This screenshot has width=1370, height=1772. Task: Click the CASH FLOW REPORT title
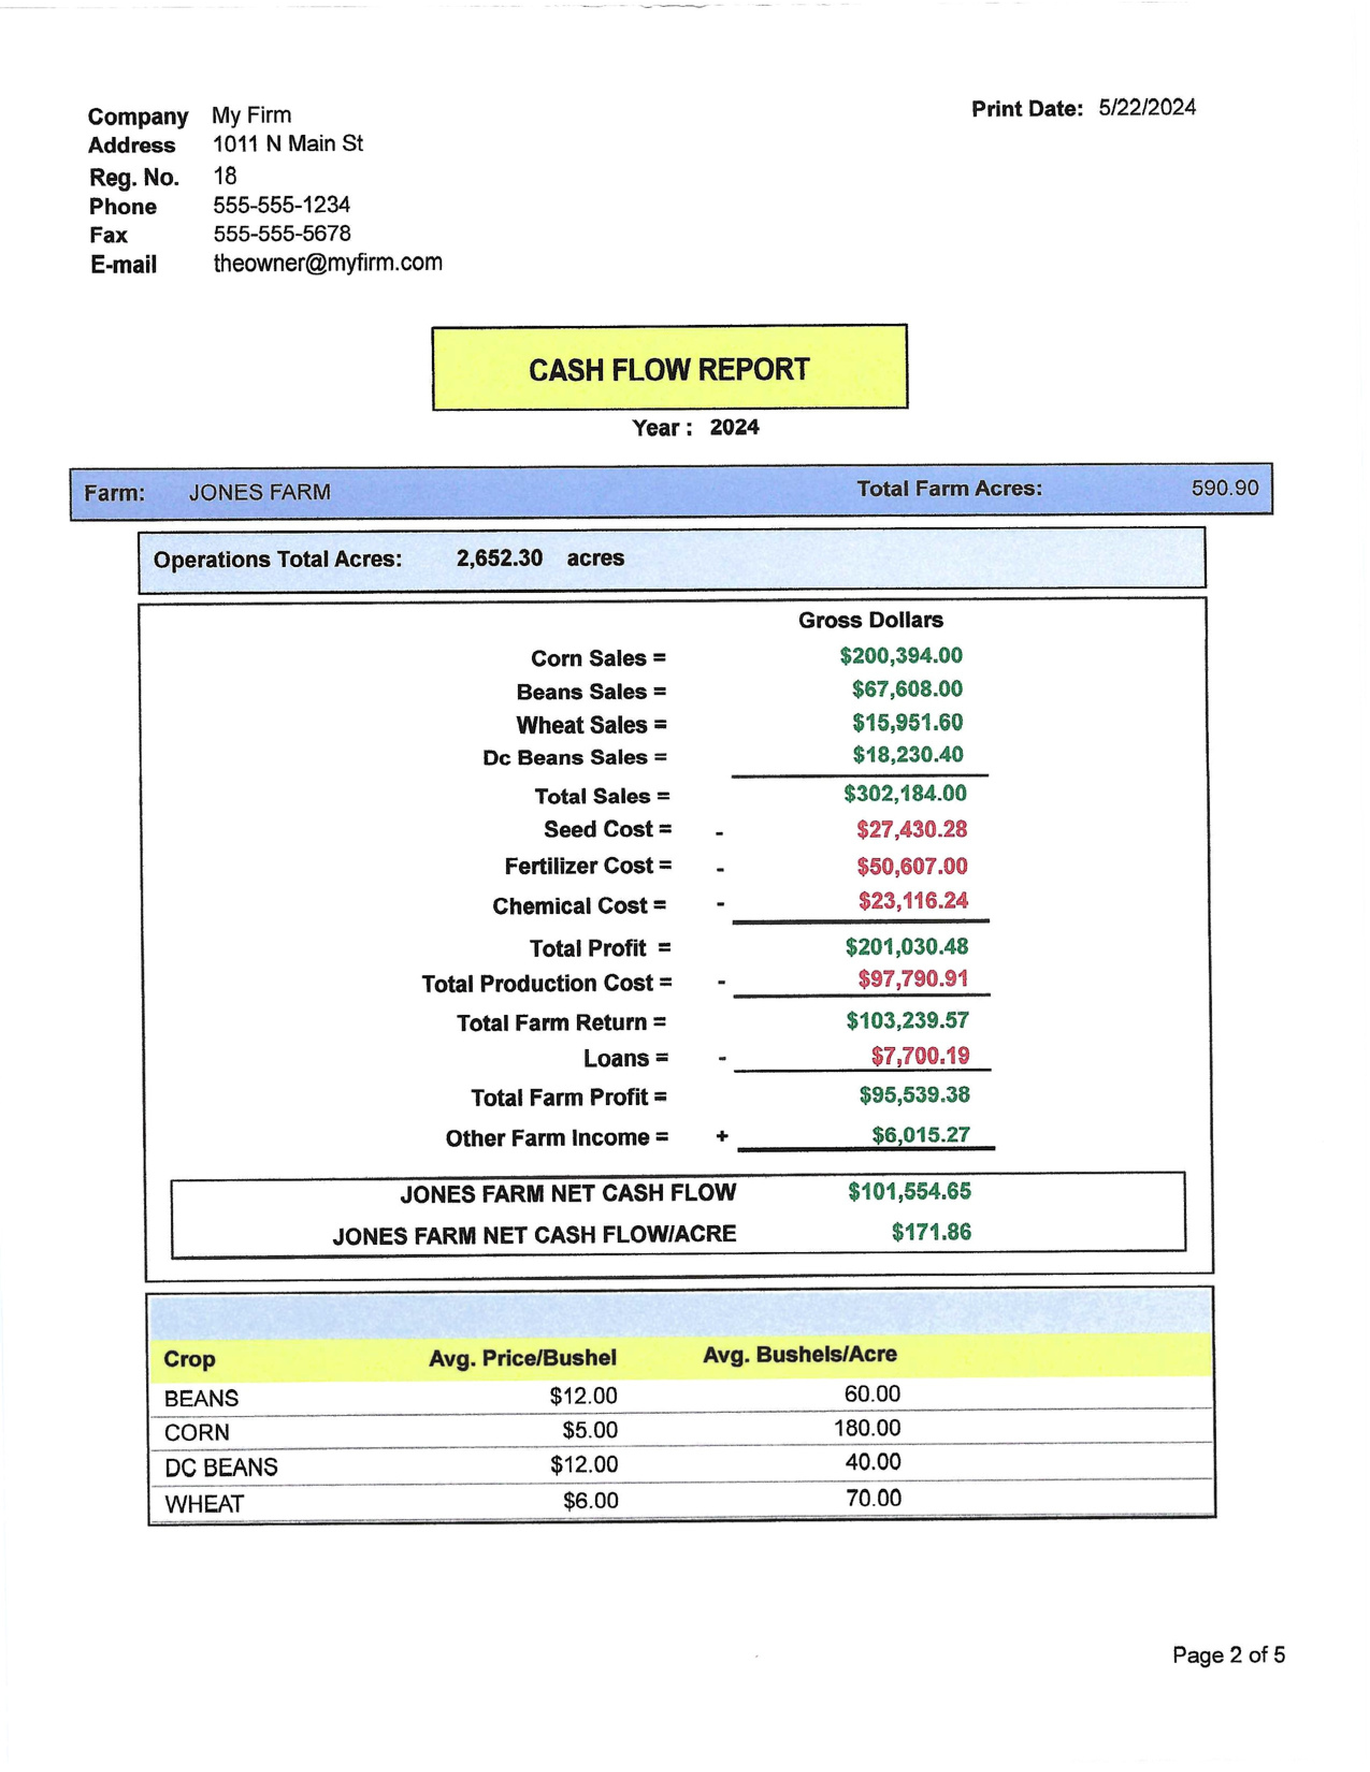pos(669,370)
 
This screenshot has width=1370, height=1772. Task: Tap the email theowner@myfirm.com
pos(327,263)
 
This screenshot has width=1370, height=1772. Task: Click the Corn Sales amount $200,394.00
pos(901,656)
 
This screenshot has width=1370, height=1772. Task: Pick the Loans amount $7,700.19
pos(920,1056)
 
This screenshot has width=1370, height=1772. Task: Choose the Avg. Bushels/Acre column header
pos(799,1354)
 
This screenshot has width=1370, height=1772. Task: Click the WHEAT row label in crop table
pos(204,1504)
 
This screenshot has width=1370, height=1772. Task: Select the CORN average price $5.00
pos(590,1429)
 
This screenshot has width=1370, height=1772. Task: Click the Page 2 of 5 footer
pos(1228,1655)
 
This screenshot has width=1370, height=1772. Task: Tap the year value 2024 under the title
pos(734,427)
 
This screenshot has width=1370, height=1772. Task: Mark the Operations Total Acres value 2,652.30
pos(499,558)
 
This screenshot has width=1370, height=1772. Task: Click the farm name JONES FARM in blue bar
pos(259,492)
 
